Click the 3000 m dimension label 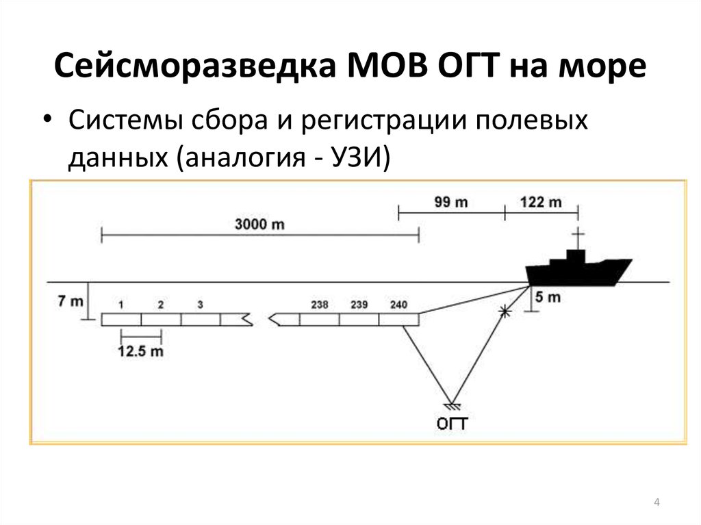point(259,224)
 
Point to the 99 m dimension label point(450,202)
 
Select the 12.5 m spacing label point(141,352)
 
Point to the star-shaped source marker point(505,311)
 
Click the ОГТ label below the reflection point point(453,424)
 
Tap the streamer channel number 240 point(398,304)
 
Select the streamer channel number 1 point(120,304)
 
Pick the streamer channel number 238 point(320,304)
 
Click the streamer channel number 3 point(200,304)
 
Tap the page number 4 point(657,504)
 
